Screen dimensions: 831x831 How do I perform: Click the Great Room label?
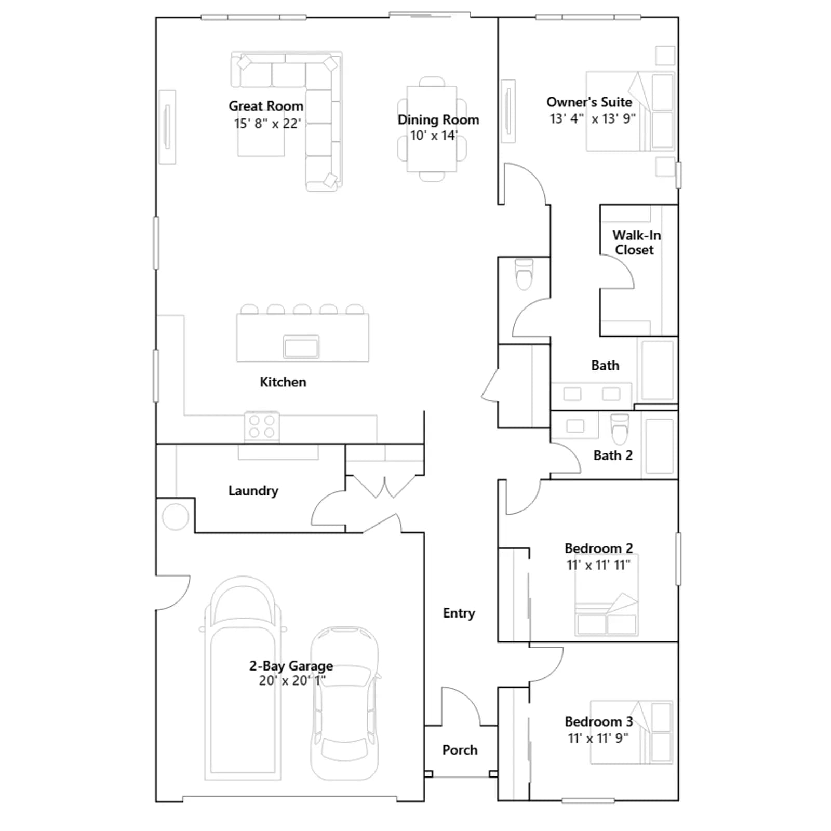pos(266,106)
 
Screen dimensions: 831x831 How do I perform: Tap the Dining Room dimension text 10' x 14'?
pos(434,136)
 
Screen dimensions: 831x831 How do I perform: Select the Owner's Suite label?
pos(589,102)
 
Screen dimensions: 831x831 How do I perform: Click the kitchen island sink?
pos(301,346)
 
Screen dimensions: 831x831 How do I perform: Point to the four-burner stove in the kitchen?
pos(262,426)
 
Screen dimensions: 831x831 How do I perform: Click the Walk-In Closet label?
pos(636,243)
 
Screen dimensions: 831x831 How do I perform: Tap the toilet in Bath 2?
pos(620,427)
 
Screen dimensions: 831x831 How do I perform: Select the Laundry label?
pos(253,491)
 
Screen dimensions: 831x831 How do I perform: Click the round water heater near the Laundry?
pos(175,517)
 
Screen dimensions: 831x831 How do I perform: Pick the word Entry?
pos(459,613)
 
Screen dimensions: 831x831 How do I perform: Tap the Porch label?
pos(460,750)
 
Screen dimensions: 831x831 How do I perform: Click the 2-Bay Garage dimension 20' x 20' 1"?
pos(292,680)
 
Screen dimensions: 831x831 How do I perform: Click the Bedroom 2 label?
pos(599,548)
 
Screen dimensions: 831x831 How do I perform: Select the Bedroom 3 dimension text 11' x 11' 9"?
pos(598,738)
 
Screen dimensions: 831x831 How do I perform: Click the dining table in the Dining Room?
pos(432,129)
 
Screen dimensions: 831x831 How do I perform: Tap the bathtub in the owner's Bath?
pos(658,370)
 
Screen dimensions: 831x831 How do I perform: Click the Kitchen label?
pos(283,382)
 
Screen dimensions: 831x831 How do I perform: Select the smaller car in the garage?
pos(345,704)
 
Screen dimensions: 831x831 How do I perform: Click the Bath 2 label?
pos(613,455)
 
